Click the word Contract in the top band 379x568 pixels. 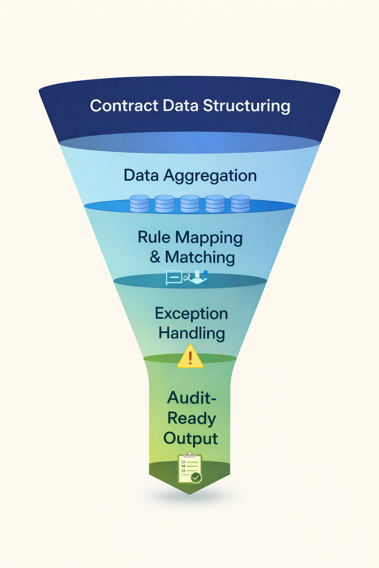124,106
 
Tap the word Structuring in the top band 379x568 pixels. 246,106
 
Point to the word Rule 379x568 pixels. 154,237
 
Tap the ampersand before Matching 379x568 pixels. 155,257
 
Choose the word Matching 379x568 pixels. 200,257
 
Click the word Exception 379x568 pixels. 191,314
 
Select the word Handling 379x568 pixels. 192,333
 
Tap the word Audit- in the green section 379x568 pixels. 191,398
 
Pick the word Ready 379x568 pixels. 191,419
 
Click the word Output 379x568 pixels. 191,439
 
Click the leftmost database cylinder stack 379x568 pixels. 140,203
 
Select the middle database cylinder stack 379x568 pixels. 190,203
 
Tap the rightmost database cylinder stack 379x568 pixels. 240,203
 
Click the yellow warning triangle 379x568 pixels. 190,357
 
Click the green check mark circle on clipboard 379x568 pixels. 196,477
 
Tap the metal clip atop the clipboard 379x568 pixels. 190,455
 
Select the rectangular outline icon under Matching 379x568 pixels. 174,277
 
